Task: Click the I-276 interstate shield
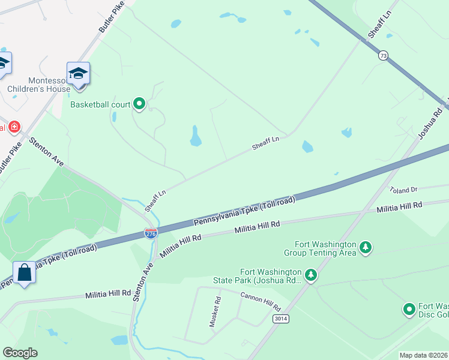[151, 233]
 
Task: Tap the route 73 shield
[383, 55]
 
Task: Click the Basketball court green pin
[139, 104]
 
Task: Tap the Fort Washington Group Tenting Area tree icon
[365, 247]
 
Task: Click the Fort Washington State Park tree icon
[310, 275]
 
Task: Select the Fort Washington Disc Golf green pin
[409, 309]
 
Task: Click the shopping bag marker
[25, 273]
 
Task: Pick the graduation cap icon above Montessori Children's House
[78, 74]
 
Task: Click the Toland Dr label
[403, 190]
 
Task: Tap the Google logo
[20, 353]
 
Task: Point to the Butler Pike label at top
[111, 17]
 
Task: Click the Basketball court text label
[100, 104]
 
